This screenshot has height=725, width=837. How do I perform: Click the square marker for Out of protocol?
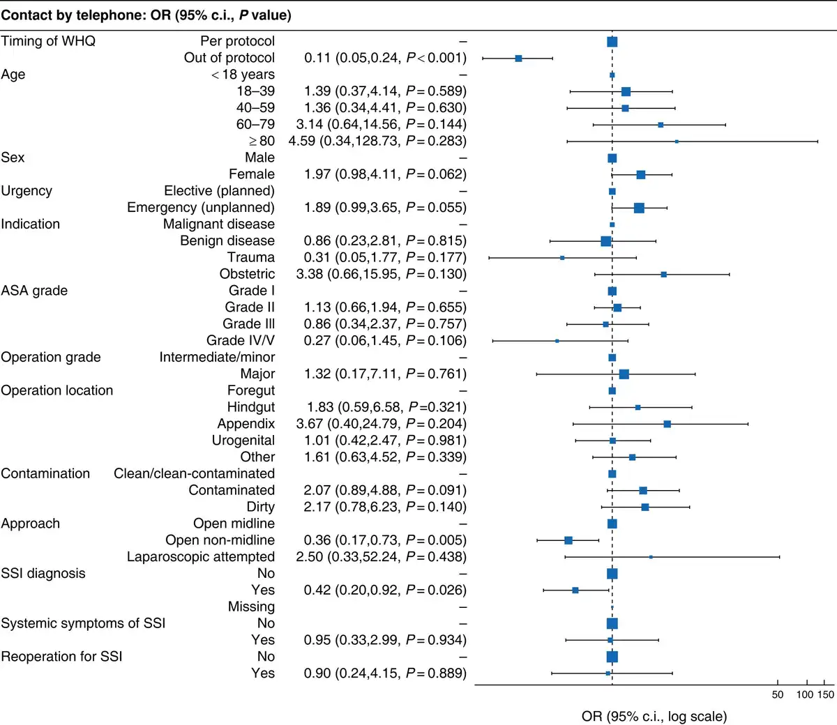point(518,59)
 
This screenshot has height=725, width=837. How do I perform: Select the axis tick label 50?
point(778,694)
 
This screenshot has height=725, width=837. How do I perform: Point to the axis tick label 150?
point(826,694)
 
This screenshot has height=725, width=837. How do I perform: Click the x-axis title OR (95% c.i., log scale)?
point(654,717)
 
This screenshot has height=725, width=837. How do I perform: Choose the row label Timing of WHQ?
point(48,41)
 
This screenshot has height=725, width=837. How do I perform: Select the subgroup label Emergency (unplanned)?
point(201,208)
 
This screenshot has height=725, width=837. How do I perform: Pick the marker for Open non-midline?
point(568,540)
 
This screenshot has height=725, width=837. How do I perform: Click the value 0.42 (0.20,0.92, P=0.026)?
point(385,590)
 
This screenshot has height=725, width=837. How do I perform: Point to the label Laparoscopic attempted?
point(201,557)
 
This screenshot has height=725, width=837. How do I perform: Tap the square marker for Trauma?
point(562,258)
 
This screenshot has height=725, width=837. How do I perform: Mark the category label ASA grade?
point(34,291)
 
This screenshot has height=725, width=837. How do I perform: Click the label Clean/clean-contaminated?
point(195,474)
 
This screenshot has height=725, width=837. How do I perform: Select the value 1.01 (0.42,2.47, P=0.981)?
point(385,441)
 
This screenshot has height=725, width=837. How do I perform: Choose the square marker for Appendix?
point(667,424)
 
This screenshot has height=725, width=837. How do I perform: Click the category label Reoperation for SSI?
point(61,657)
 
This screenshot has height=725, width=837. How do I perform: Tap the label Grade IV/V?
point(241,341)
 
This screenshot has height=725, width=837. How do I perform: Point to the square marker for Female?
point(640,174)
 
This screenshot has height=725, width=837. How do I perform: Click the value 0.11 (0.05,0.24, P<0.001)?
point(385,58)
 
